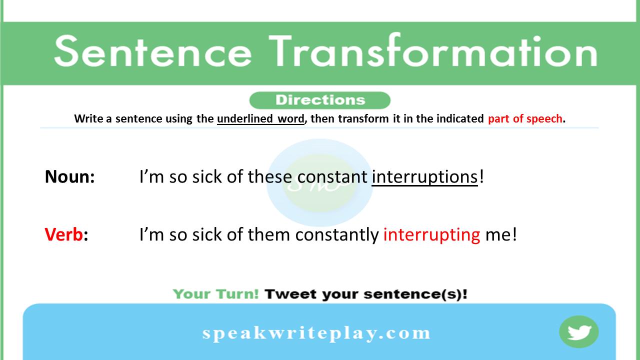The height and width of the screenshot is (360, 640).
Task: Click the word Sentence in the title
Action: point(152,51)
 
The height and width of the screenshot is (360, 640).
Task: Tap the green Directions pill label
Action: point(319,100)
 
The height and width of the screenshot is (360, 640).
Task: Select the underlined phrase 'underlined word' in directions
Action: point(260,119)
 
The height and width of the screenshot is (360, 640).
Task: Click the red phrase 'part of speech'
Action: point(525,119)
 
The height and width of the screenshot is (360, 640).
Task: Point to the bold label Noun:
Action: point(69,176)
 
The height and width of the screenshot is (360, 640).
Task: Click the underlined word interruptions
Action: point(424,177)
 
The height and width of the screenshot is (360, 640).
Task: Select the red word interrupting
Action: point(431,234)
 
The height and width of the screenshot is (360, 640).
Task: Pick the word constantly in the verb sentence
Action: point(336,234)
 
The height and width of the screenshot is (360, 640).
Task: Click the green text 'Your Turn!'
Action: point(215,294)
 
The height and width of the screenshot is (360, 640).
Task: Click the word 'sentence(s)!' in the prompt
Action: point(415,294)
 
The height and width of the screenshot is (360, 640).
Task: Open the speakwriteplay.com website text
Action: point(316,333)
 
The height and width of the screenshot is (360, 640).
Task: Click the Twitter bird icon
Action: point(579,332)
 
